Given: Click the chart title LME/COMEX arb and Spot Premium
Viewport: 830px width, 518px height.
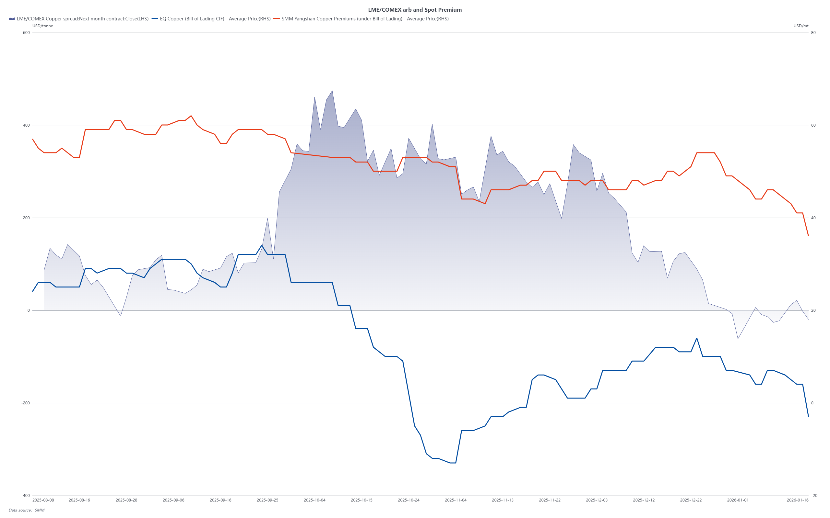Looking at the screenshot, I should click(x=415, y=10).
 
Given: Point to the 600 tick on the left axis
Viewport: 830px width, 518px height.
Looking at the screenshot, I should click(x=26, y=33).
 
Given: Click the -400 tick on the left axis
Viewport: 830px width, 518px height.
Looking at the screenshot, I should click(x=25, y=495).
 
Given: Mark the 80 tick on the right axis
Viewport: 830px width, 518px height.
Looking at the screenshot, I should click(x=813, y=33).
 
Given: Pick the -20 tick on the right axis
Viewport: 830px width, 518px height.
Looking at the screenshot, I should click(x=814, y=495).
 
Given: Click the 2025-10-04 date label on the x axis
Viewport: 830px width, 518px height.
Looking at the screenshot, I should click(x=314, y=500).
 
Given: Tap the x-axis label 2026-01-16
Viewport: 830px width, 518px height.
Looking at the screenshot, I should click(x=798, y=500).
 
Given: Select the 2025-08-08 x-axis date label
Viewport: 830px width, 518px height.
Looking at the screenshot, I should click(x=43, y=500).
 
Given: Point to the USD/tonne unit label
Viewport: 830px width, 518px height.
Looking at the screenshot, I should click(x=42, y=26).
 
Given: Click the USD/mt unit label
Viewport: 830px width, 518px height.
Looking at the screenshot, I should click(x=801, y=26).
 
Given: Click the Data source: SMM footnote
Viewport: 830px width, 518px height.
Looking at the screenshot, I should click(x=26, y=510).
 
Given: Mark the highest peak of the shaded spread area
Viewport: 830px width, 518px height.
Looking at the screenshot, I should click(x=332, y=91).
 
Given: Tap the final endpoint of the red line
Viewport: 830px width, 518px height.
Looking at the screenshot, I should click(x=808, y=236).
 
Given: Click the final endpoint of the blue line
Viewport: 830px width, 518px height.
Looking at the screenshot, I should click(x=808, y=416).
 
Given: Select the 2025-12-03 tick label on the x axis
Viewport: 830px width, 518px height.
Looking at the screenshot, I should click(x=597, y=500).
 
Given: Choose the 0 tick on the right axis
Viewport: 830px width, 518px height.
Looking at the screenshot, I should click(x=812, y=403).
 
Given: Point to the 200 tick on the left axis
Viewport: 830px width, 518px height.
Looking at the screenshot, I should click(x=26, y=218).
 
